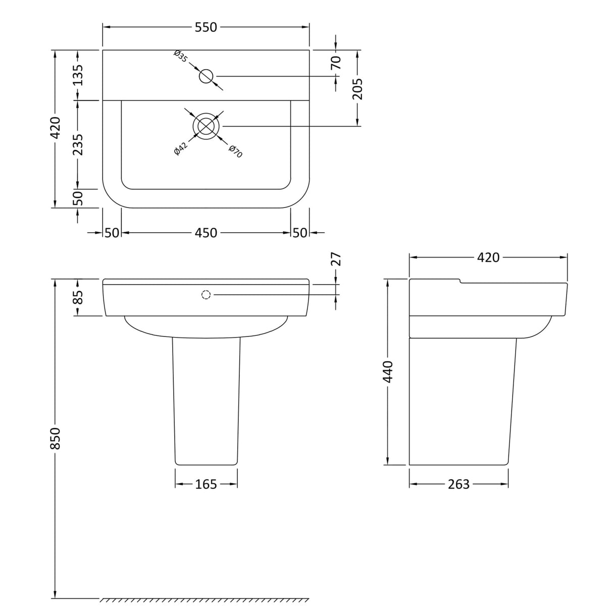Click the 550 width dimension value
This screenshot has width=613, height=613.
206,27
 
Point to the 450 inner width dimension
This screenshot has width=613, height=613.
206,233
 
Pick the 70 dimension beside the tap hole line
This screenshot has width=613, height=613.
336,63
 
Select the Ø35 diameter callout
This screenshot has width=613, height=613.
181,56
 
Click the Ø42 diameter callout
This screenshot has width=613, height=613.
180,149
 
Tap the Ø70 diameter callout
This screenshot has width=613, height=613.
236,151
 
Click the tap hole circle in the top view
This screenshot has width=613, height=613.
206,76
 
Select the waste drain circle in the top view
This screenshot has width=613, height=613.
206,126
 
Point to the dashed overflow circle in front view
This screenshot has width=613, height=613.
206,295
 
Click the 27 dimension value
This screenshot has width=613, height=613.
337,259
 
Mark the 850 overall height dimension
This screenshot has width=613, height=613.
55,438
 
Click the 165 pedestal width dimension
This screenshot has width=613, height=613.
206,485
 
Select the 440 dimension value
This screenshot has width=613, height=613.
388,372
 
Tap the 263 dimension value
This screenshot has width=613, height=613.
458,485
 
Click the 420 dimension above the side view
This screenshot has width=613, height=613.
488,258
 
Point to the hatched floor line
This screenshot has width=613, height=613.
205,600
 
